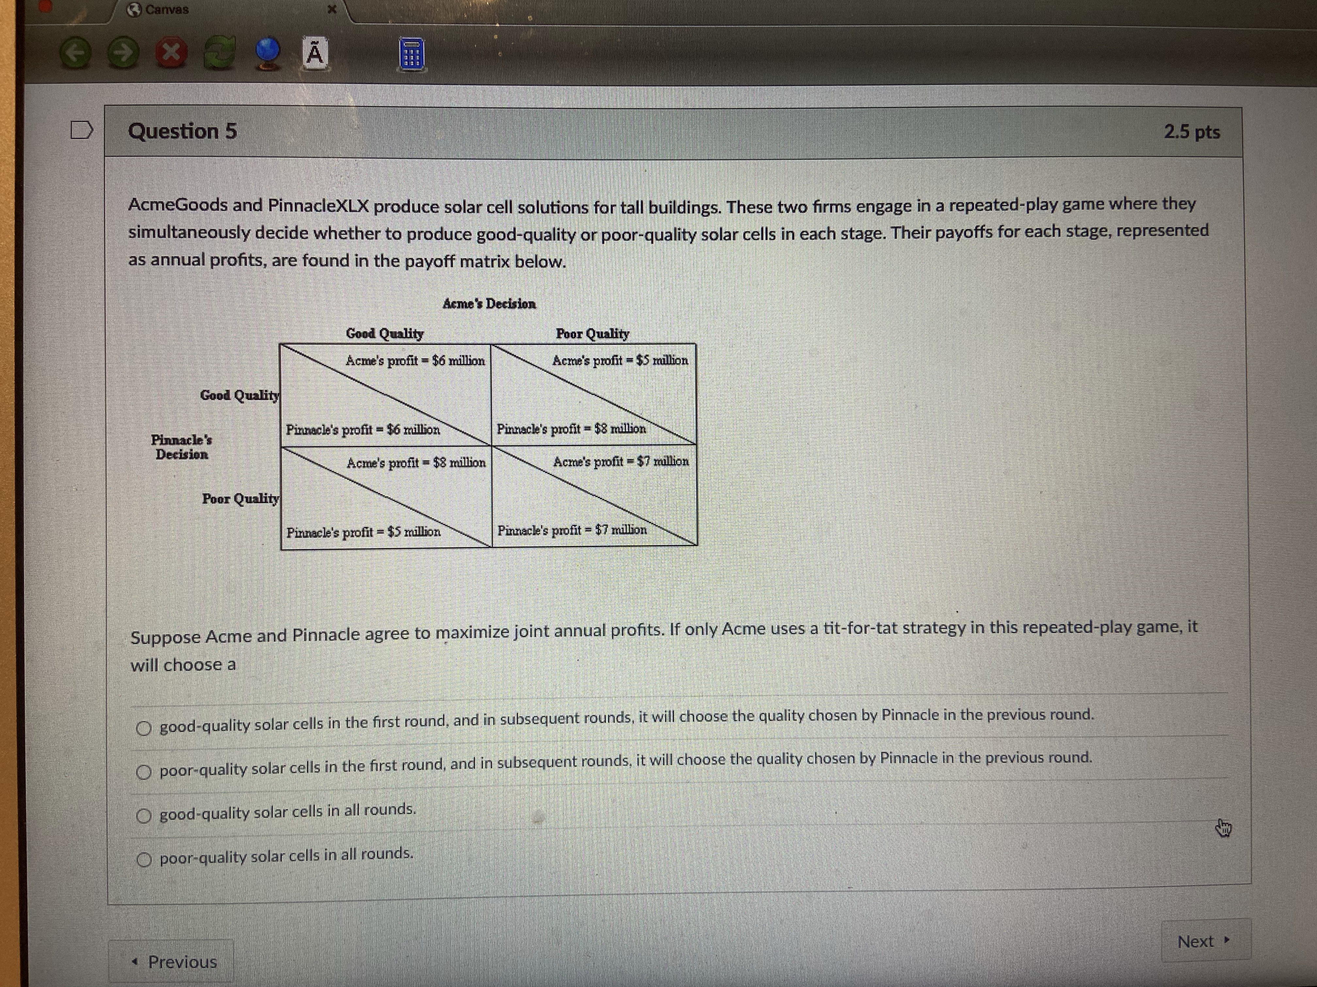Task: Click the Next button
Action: point(1204,941)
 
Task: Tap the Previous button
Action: point(174,962)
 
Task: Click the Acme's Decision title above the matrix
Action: point(489,304)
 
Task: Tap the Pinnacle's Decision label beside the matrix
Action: point(181,447)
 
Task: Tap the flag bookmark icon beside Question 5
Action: point(82,130)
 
